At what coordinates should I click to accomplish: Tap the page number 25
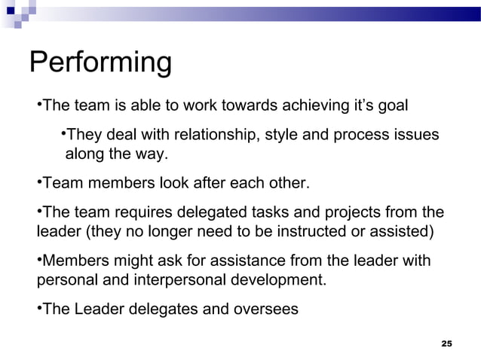coord(446,343)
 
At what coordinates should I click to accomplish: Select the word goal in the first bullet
coord(391,104)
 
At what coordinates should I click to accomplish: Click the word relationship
coord(214,136)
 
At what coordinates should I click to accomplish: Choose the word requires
coord(139,212)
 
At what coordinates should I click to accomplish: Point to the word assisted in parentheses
coord(399,230)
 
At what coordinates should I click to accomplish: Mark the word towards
coord(217,104)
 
